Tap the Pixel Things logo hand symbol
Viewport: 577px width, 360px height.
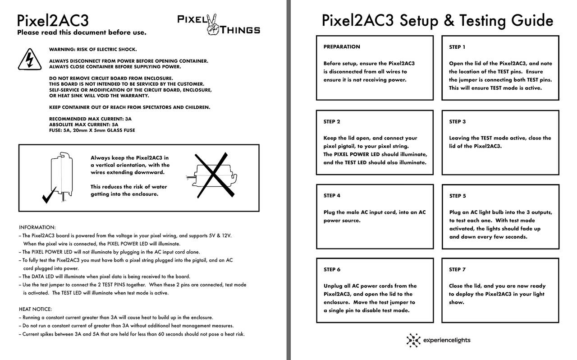tap(212, 25)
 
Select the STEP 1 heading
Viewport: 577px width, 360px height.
tap(457, 47)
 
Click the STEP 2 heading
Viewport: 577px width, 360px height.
tap(332, 121)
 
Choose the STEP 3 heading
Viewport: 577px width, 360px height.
tap(457, 121)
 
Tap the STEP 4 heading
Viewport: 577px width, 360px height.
tap(332, 195)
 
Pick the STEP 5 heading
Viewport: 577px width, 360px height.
tap(458, 196)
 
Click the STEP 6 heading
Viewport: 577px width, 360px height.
tap(332, 269)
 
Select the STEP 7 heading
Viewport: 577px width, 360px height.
tap(457, 269)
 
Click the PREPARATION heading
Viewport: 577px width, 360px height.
tap(342, 46)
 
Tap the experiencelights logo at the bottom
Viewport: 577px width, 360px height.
tap(438, 340)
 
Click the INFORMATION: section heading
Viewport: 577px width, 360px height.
tap(37, 227)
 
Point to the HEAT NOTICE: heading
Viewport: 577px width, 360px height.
tap(35, 309)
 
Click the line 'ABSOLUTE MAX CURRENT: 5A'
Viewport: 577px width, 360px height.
tap(83, 125)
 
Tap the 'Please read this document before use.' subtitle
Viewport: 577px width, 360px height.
tap(82, 32)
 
